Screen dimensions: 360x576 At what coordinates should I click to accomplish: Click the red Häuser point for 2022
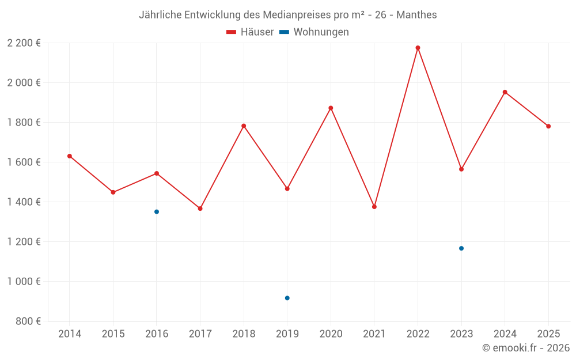point(418,48)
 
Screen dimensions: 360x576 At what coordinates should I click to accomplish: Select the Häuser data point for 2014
point(70,156)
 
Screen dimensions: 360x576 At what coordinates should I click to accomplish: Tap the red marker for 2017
point(200,209)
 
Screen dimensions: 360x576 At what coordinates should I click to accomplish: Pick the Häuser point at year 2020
point(331,108)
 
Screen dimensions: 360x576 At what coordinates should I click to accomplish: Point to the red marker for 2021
point(374,207)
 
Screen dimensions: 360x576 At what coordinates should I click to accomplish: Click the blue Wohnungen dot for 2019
point(287,298)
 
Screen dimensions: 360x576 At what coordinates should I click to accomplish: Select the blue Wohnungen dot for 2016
point(157,212)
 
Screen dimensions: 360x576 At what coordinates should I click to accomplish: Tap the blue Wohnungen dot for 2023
point(461,248)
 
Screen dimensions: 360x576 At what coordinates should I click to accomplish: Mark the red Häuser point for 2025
point(548,126)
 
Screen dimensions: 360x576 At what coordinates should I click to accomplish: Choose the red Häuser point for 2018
point(244,126)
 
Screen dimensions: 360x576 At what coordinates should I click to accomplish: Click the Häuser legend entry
point(250,32)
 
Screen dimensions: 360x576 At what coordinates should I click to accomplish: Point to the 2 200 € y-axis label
point(24,43)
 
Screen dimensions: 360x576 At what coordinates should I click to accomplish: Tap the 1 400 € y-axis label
point(24,202)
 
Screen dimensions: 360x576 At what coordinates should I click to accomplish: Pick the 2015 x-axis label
point(113,334)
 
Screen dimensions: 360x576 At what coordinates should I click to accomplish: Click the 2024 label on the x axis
point(505,334)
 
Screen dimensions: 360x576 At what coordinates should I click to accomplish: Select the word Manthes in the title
point(416,14)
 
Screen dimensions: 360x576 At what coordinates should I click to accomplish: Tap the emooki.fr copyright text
point(526,348)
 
